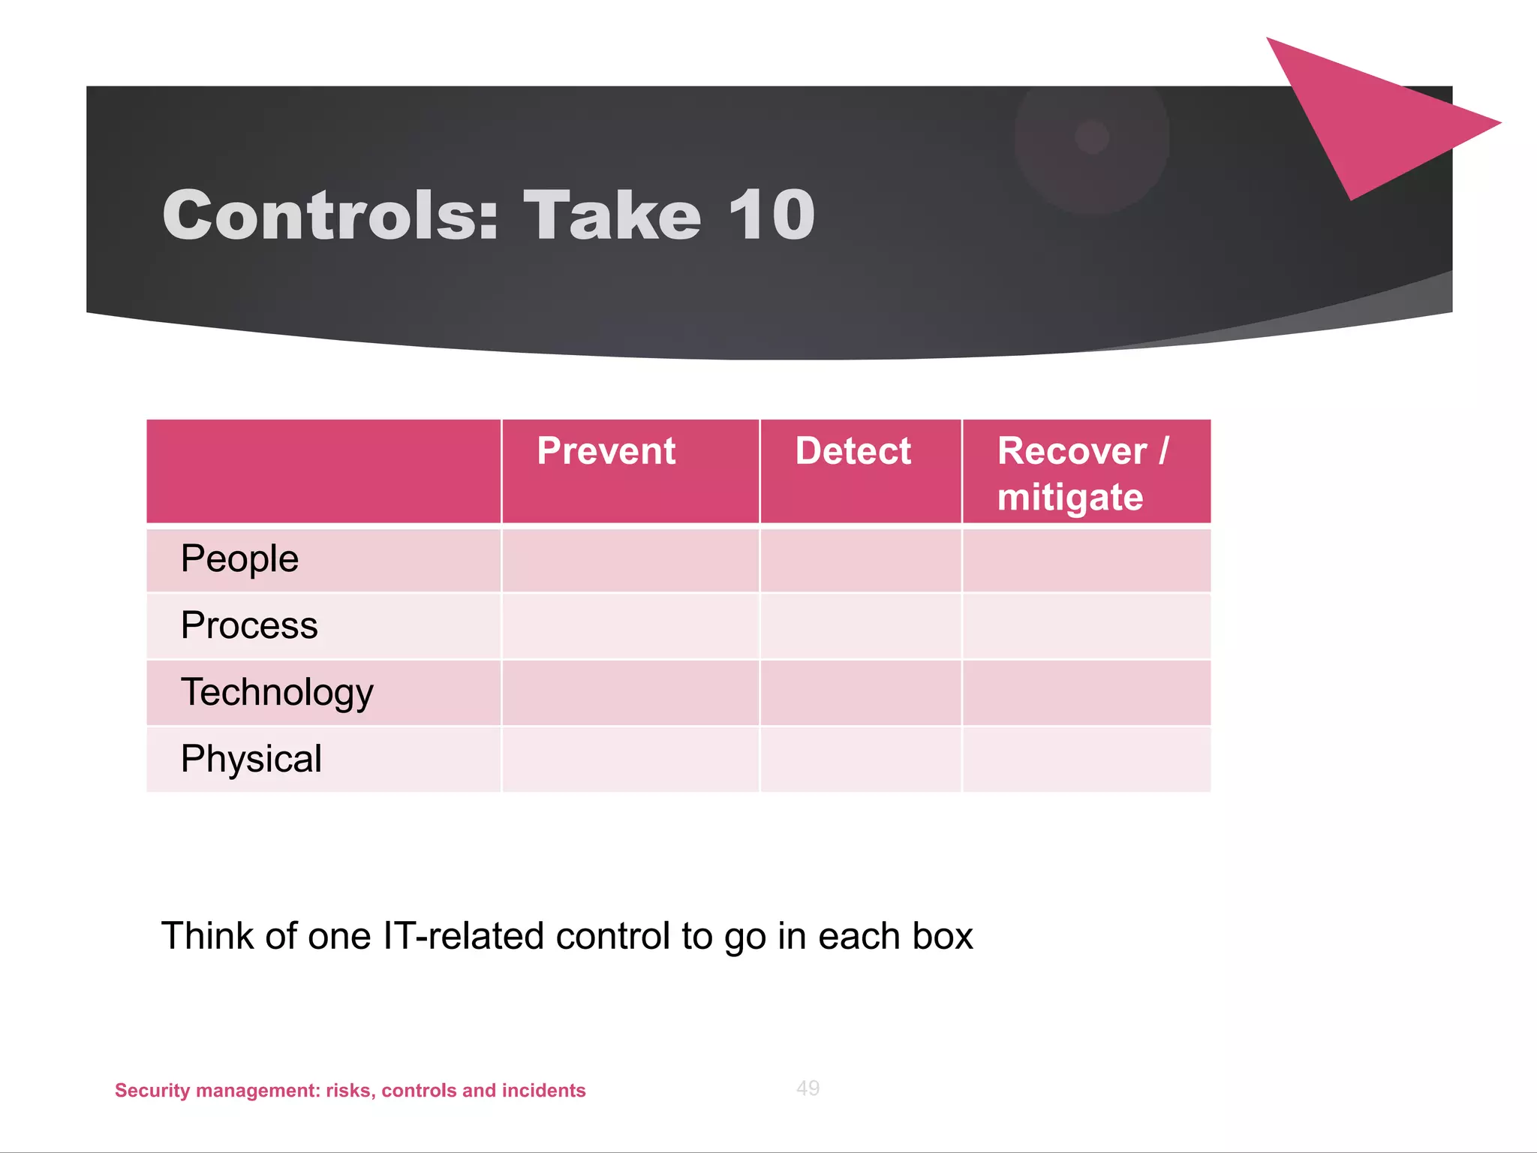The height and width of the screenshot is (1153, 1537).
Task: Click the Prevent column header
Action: [606, 452]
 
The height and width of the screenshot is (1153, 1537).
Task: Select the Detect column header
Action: [853, 452]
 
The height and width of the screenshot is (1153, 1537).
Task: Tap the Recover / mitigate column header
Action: [1081, 474]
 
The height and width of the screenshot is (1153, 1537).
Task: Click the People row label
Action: [239, 559]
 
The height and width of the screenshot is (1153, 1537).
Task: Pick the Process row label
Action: [249, 625]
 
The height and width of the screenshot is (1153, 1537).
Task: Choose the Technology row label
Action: [277, 692]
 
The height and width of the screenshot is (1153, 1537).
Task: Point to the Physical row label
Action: [251, 759]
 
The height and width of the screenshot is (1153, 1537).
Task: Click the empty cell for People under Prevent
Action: [630, 560]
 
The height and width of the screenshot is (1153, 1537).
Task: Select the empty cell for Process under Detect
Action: [861, 626]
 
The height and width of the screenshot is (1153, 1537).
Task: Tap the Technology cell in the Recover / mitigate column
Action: [1086, 692]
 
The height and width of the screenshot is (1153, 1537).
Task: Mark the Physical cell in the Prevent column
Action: [630, 759]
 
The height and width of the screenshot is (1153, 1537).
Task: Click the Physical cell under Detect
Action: [861, 759]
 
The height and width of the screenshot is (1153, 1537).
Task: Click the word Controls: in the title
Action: [330, 215]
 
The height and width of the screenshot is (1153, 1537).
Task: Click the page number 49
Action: [808, 1088]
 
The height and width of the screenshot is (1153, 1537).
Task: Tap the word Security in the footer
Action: [152, 1090]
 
